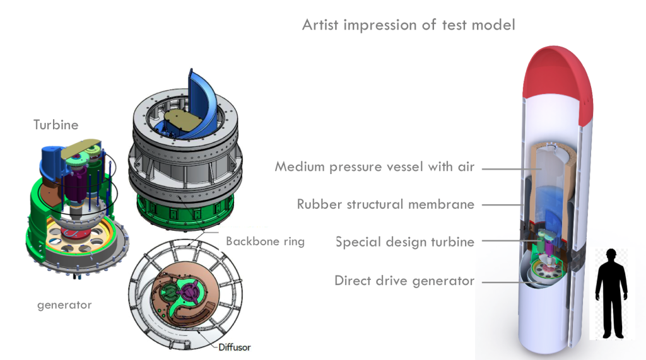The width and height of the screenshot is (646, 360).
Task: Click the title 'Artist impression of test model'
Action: click(408, 25)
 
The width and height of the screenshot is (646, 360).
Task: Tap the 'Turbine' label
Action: click(56, 125)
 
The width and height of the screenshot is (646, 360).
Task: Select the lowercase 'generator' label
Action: click(64, 305)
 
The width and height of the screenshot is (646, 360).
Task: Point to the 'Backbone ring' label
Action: click(266, 241)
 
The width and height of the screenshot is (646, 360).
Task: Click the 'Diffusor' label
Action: click(235, 347)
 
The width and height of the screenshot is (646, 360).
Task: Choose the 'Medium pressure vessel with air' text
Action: click(375, 167)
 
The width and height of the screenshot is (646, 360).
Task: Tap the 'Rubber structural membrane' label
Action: click(385, 204)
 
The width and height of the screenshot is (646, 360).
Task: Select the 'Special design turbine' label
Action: click(404, 241)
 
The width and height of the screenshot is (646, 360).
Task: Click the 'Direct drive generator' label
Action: click(404, 281)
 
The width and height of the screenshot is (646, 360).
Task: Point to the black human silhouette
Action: click(611, 293)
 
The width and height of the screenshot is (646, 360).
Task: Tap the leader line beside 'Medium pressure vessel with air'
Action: click(511, 169)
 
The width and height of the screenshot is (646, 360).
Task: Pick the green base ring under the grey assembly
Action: click(185, 212)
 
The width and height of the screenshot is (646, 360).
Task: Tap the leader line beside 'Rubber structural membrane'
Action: click(503, 205)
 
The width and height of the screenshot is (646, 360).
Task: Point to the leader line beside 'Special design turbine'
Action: click(511, 241)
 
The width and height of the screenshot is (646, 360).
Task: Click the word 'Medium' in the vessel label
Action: click(300, 167)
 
